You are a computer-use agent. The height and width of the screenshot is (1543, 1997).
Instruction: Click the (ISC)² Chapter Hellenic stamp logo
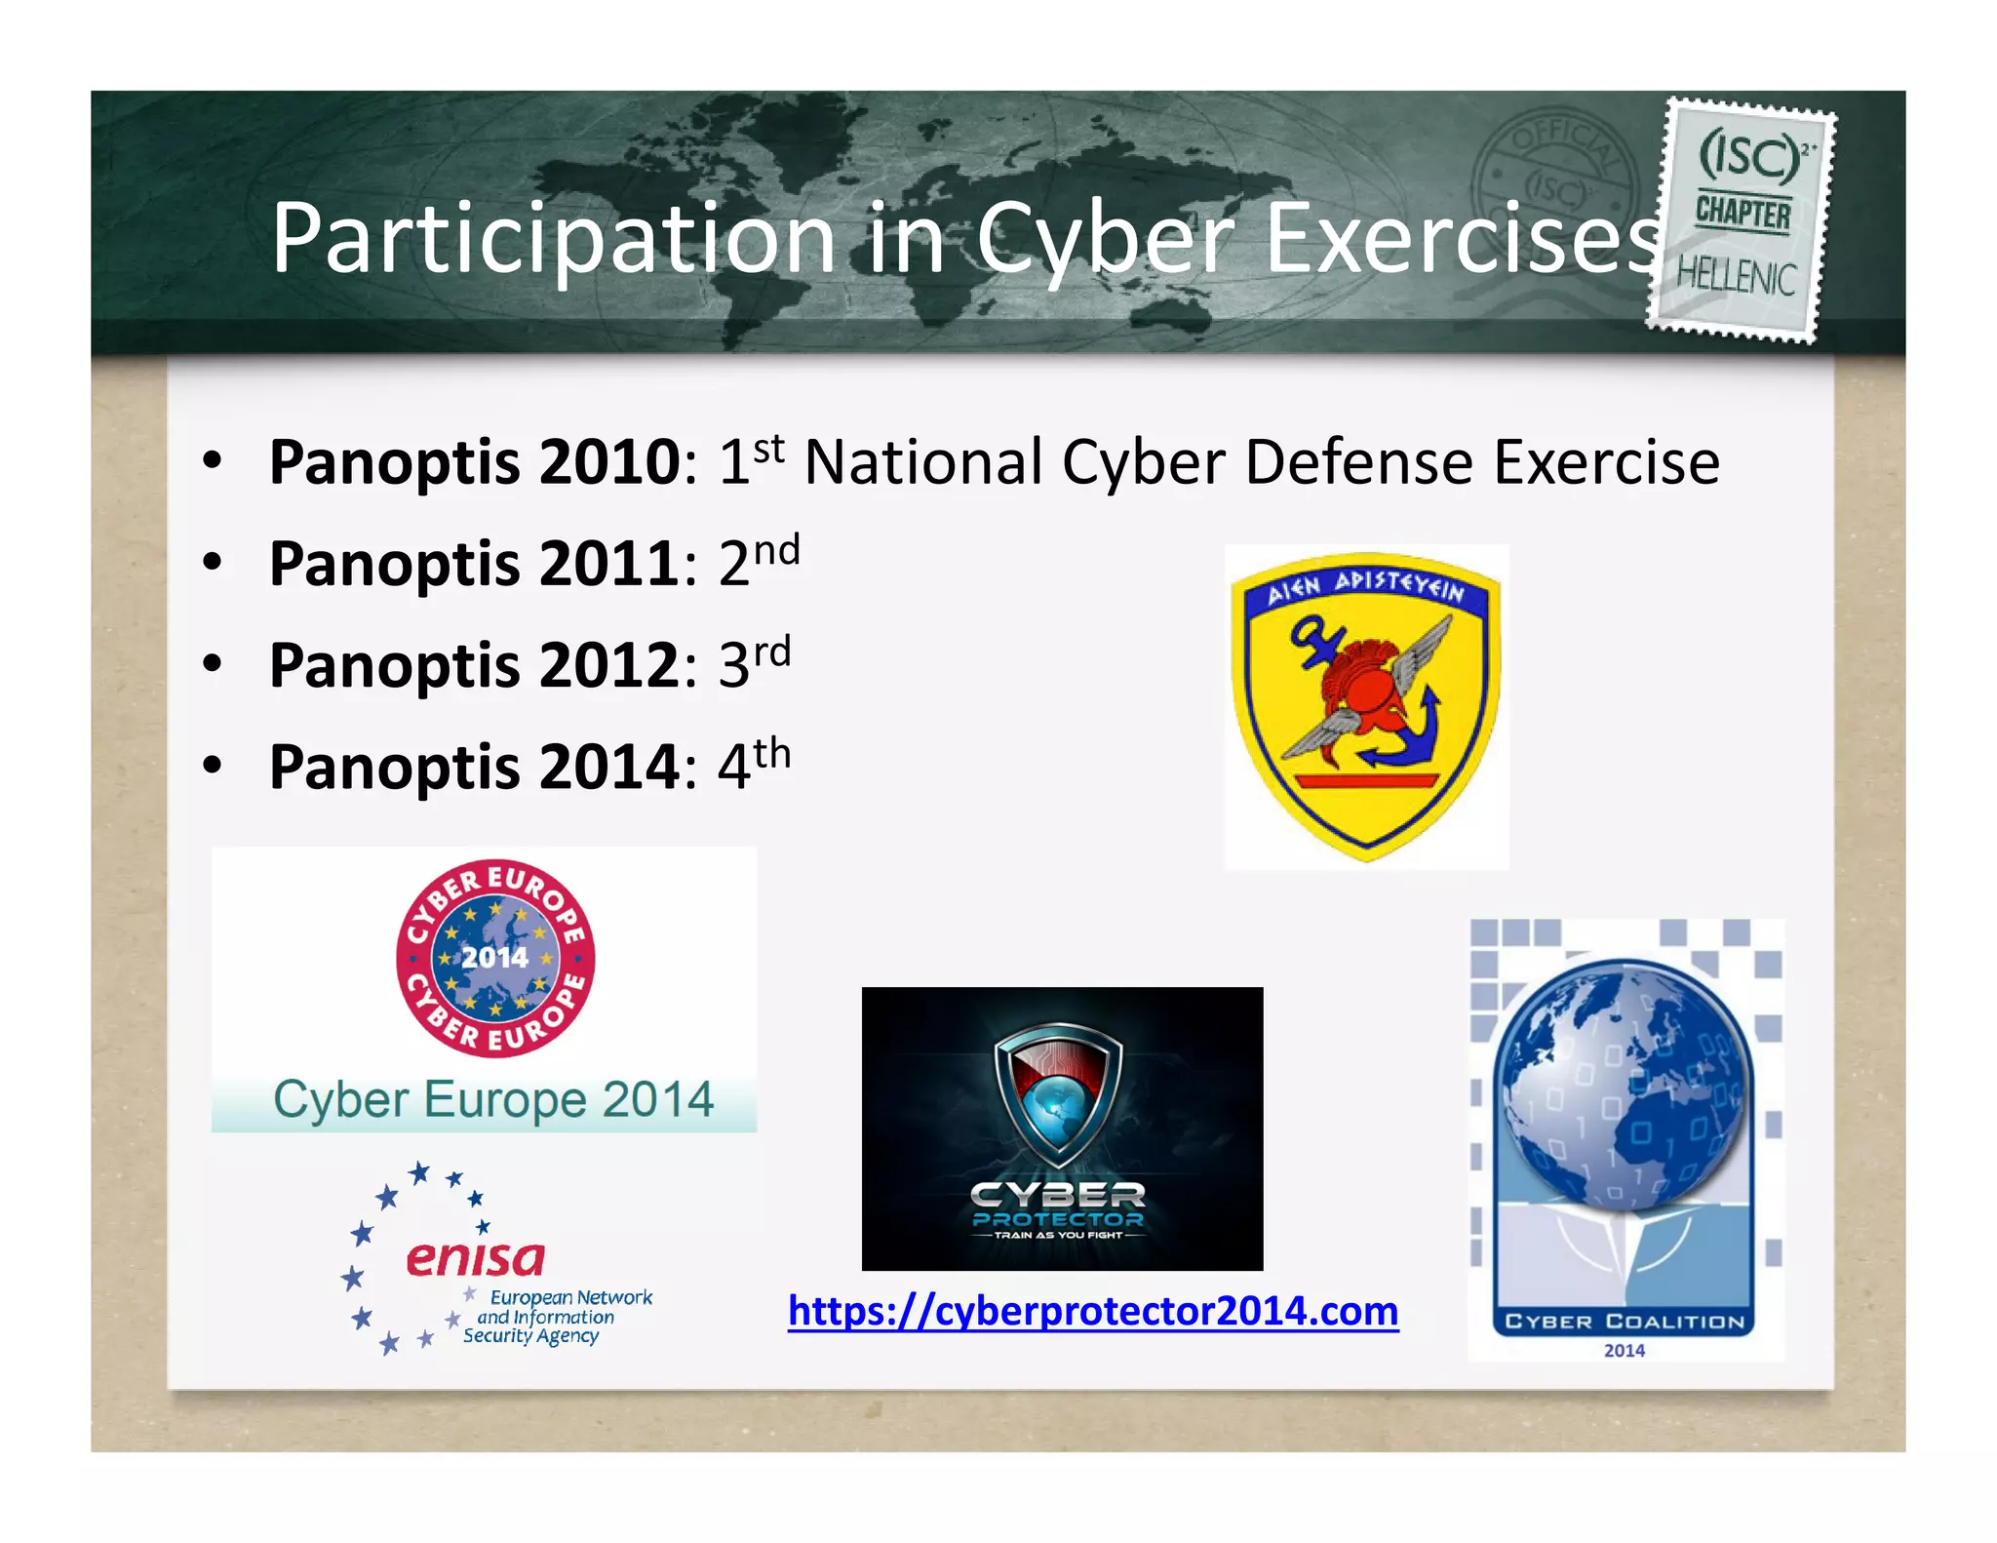point(1742,219)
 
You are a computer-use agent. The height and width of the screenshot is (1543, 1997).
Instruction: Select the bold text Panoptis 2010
point(475,462)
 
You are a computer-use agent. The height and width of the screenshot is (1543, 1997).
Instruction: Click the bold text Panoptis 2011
point(475,565)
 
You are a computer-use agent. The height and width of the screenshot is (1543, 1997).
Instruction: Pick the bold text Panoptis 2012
point(475,666)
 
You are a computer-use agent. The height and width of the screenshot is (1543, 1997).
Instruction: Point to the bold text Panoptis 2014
point(475,768)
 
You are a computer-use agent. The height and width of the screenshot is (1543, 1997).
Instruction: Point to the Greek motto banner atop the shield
point(1365,587)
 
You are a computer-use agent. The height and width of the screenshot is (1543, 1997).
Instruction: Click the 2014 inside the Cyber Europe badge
point(494,958)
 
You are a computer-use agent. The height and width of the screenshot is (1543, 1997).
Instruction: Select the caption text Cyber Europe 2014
point(493,1100)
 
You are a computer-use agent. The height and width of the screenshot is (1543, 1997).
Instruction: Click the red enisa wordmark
point(475,1259)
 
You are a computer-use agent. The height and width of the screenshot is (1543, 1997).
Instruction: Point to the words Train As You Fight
point(1059,1236)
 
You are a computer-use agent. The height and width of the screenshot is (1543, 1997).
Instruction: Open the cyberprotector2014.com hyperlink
point(1093,1311)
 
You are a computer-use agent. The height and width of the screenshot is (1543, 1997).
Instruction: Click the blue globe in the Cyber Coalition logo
point(1622,1083)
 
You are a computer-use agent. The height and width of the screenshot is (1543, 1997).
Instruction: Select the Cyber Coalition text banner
point(1624,1322)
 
